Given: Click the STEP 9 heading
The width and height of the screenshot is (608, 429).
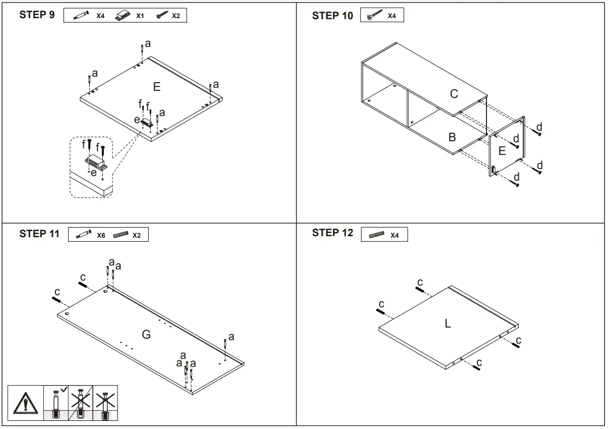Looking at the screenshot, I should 37,15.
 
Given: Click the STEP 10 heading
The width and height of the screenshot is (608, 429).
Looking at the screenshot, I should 332,16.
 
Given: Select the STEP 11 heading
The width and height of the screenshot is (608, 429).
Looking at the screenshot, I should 39,234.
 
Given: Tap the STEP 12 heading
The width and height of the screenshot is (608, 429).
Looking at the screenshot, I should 332,233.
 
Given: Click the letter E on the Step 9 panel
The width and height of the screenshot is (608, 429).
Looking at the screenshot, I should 156,87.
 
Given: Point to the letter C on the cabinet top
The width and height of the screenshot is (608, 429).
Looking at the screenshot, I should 454,94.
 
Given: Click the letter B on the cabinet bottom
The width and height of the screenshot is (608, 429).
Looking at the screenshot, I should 452,137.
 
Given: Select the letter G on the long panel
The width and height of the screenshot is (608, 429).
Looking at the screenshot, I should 146,334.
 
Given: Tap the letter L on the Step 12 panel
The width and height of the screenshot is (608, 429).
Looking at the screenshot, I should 448,324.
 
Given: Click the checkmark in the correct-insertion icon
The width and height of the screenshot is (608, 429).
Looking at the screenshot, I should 64,390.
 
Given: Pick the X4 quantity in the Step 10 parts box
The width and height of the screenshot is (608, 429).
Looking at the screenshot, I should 392,16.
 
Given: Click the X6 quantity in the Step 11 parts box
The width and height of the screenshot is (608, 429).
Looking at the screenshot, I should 101,235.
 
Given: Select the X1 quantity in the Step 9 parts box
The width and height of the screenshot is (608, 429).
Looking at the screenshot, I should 140,16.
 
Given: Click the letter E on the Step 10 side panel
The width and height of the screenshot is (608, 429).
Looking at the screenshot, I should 502,150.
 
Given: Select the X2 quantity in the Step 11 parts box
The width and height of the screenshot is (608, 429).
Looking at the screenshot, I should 137,235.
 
